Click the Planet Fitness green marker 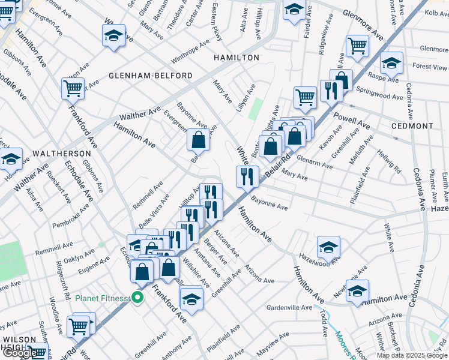pyautogui.click(x=137, y=297)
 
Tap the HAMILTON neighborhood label pyautogui.click(x=237, y=58)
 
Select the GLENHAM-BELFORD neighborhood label pyautogui.click(x=151, y=76)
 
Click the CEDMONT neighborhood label pyautogui.click(x=412, y=126)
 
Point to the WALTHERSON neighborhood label pyautogui.click(x=57, y=154)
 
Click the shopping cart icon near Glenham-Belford pyautogui.click(x=73, y=88)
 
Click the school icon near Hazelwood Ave pyautogui.click(x=328, y=247)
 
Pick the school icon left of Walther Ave pyautogui.click(x=11, y=159)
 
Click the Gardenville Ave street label pyautogui.click(x=289, y=308)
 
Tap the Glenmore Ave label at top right pyautogui.click(x=363, y=25)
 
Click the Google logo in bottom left pyautogui.click(x=20, y=353)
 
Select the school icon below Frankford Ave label pyautogui.click(x=191, y=298)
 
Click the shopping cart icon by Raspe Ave pyautogui.click(x=357, y=46)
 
